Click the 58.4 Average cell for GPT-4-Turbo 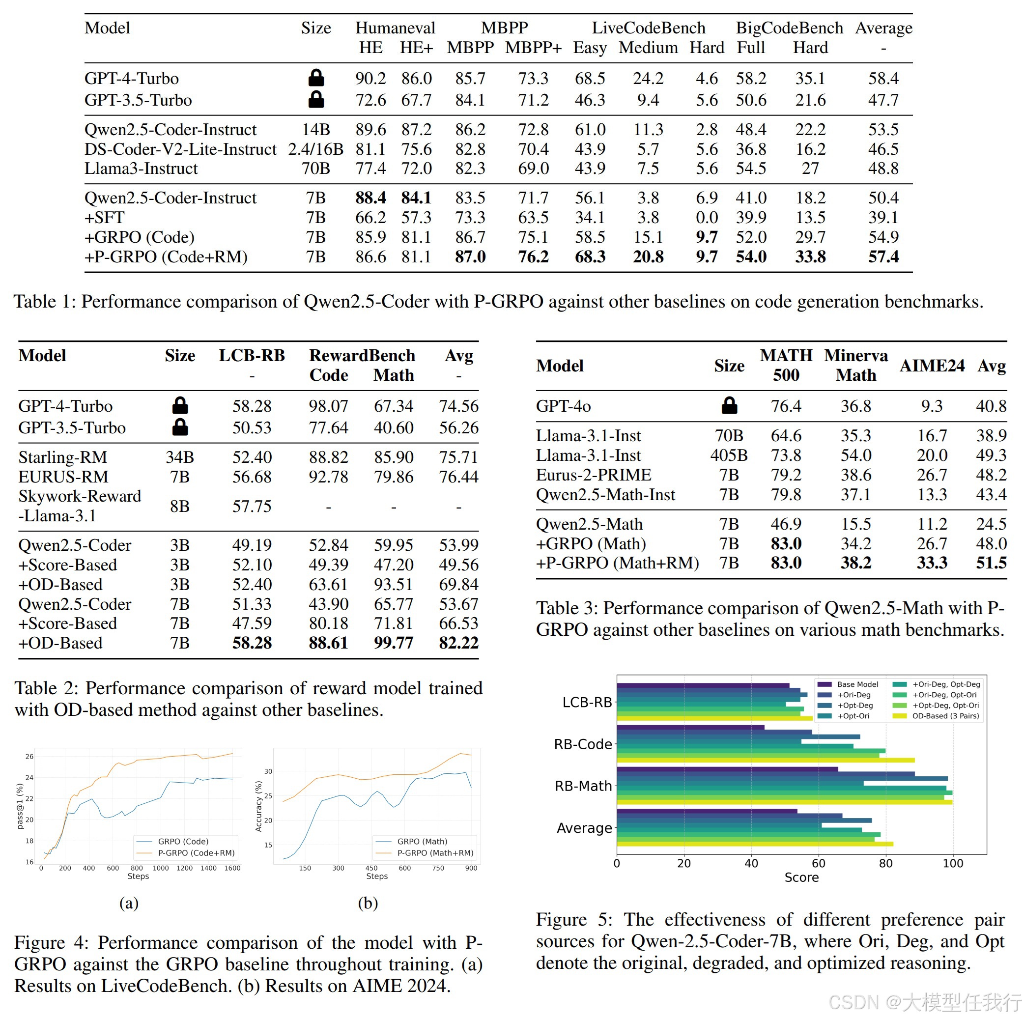883,79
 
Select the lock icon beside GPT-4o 729,405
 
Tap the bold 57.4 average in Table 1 883,257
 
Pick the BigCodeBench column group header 789,28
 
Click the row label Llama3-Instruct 141,169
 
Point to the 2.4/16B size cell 316,149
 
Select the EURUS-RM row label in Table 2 63,477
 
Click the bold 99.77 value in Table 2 393,643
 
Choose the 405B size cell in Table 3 729,455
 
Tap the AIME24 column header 932,366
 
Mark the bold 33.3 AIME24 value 932,563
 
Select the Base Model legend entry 848,684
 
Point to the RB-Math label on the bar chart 583,786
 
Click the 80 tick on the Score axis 885,863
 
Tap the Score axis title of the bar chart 801,877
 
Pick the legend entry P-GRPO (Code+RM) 186,852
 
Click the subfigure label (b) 368,903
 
